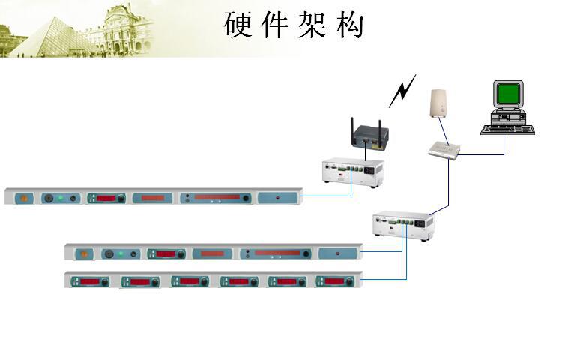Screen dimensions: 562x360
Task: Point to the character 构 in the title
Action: (349, 25)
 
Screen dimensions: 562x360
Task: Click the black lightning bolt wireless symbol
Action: (402, 91)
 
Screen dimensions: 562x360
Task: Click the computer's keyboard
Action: (510, 128)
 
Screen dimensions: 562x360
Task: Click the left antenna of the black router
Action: (352, 127)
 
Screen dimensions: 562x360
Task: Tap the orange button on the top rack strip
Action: (23, 199)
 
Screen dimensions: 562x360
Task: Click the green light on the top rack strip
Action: (60, 199)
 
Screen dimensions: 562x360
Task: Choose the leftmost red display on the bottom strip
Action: (88, 281)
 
